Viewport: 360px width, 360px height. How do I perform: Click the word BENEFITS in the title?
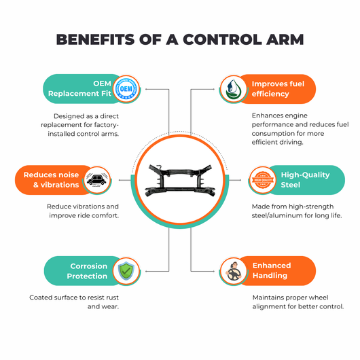[95, 39]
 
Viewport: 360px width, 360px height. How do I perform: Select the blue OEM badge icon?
[126, 89]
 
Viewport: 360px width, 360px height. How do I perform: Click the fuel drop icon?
[233, 89]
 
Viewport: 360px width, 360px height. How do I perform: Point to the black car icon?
[97, 180]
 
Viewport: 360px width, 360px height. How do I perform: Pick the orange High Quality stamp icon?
[263, 180]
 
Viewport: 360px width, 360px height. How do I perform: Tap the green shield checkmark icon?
[126, 271]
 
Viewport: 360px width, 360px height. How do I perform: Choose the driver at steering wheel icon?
[233, 271]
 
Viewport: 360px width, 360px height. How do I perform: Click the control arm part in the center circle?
[180, 180]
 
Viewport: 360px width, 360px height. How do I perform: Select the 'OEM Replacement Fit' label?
[79, 88]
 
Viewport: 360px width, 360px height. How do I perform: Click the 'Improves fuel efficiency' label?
[278, 89]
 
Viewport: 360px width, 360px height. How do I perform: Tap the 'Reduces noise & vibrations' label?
[51, 180]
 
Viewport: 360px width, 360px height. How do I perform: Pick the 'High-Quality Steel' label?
[305, 180]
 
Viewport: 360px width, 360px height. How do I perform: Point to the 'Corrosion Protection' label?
[87, 271]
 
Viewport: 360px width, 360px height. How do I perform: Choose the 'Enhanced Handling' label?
[272, 270]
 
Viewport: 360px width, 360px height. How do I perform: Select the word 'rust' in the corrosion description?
[112, 298]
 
